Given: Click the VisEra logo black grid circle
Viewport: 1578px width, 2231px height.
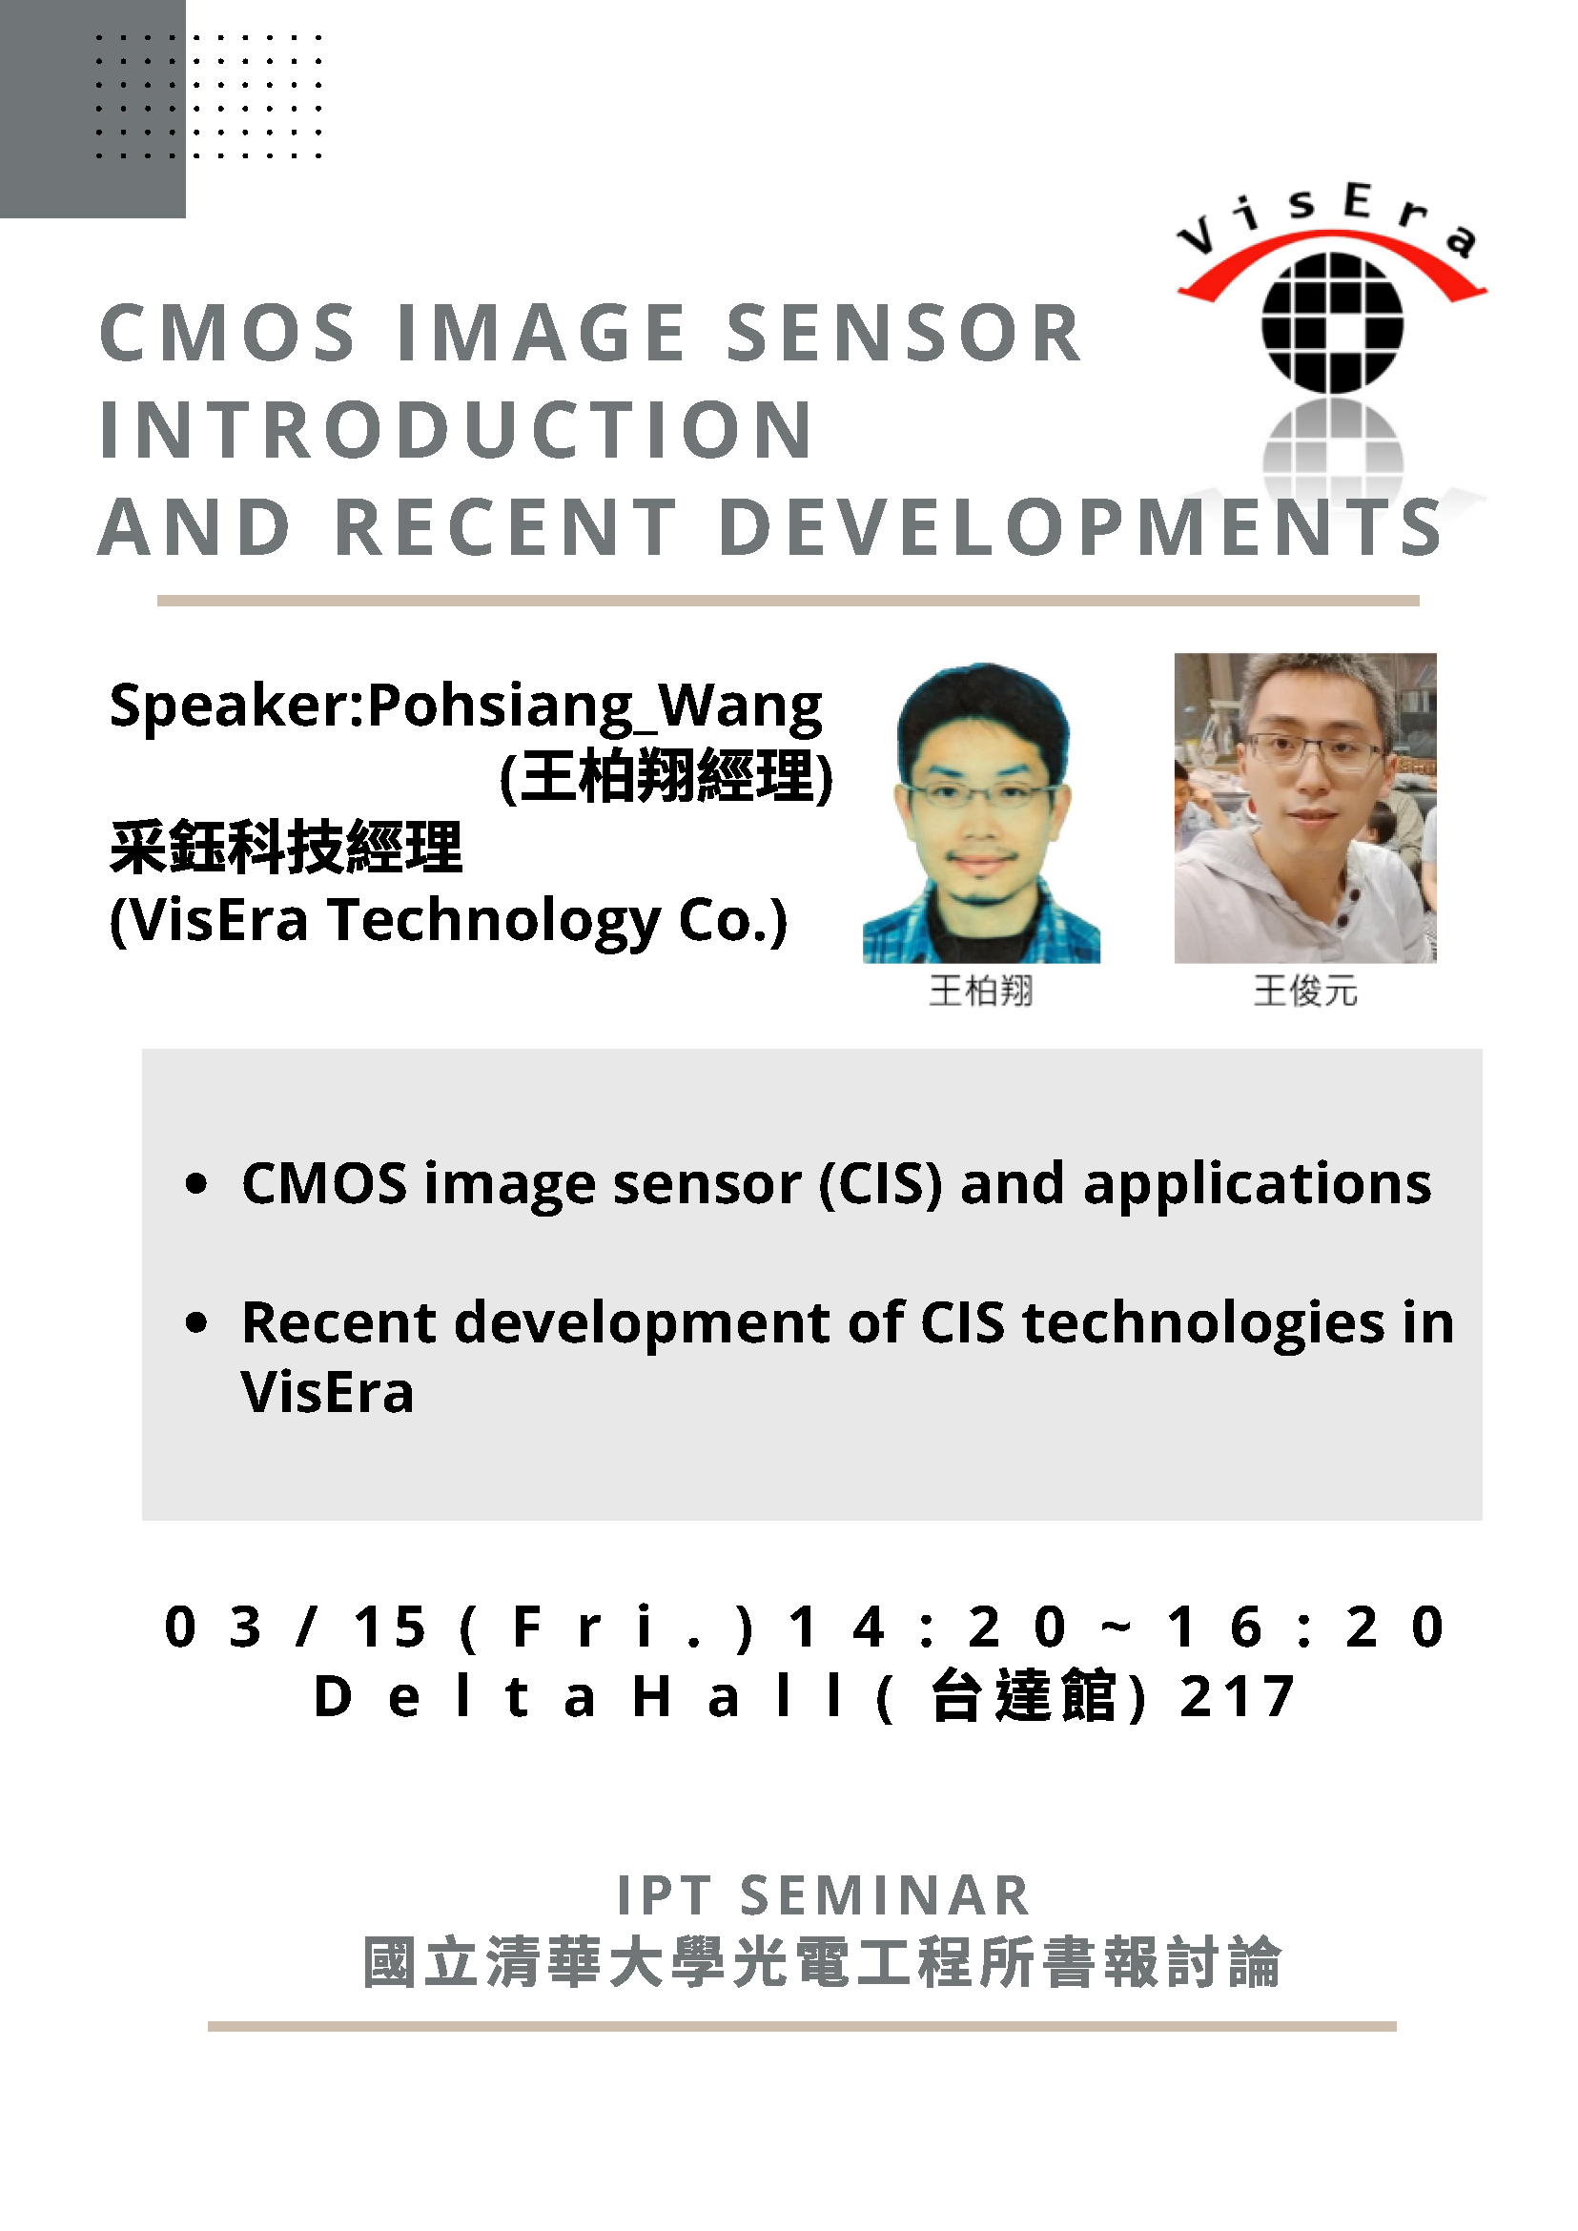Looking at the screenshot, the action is pos(1332,322).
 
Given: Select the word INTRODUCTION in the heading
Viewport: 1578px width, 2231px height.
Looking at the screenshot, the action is pos(456,429).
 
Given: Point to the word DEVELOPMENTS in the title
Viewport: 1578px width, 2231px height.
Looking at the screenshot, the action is pos(1080,527).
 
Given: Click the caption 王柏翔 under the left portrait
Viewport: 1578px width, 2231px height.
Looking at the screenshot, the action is pos(980,992).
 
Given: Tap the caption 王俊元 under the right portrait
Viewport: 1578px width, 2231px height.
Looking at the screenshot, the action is pos(1305,992).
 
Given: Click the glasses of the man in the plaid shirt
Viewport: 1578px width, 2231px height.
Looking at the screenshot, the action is pos(981,796).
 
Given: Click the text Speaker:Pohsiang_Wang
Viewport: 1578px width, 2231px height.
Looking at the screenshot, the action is pos(465,706).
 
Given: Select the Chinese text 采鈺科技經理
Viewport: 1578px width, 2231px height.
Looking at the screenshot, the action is pos(286,848).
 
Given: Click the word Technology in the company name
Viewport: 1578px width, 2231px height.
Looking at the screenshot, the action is pos(495,921).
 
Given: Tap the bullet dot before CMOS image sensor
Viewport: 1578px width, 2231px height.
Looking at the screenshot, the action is pos(196,1183).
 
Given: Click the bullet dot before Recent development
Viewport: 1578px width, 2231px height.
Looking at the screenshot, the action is pos(196,1322).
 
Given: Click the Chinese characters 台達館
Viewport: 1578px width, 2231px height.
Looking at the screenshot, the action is pos(1023,1696).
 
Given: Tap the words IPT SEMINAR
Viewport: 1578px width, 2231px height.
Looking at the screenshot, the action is pos(824,1895).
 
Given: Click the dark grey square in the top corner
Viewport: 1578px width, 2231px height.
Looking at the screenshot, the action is pos(92,109).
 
